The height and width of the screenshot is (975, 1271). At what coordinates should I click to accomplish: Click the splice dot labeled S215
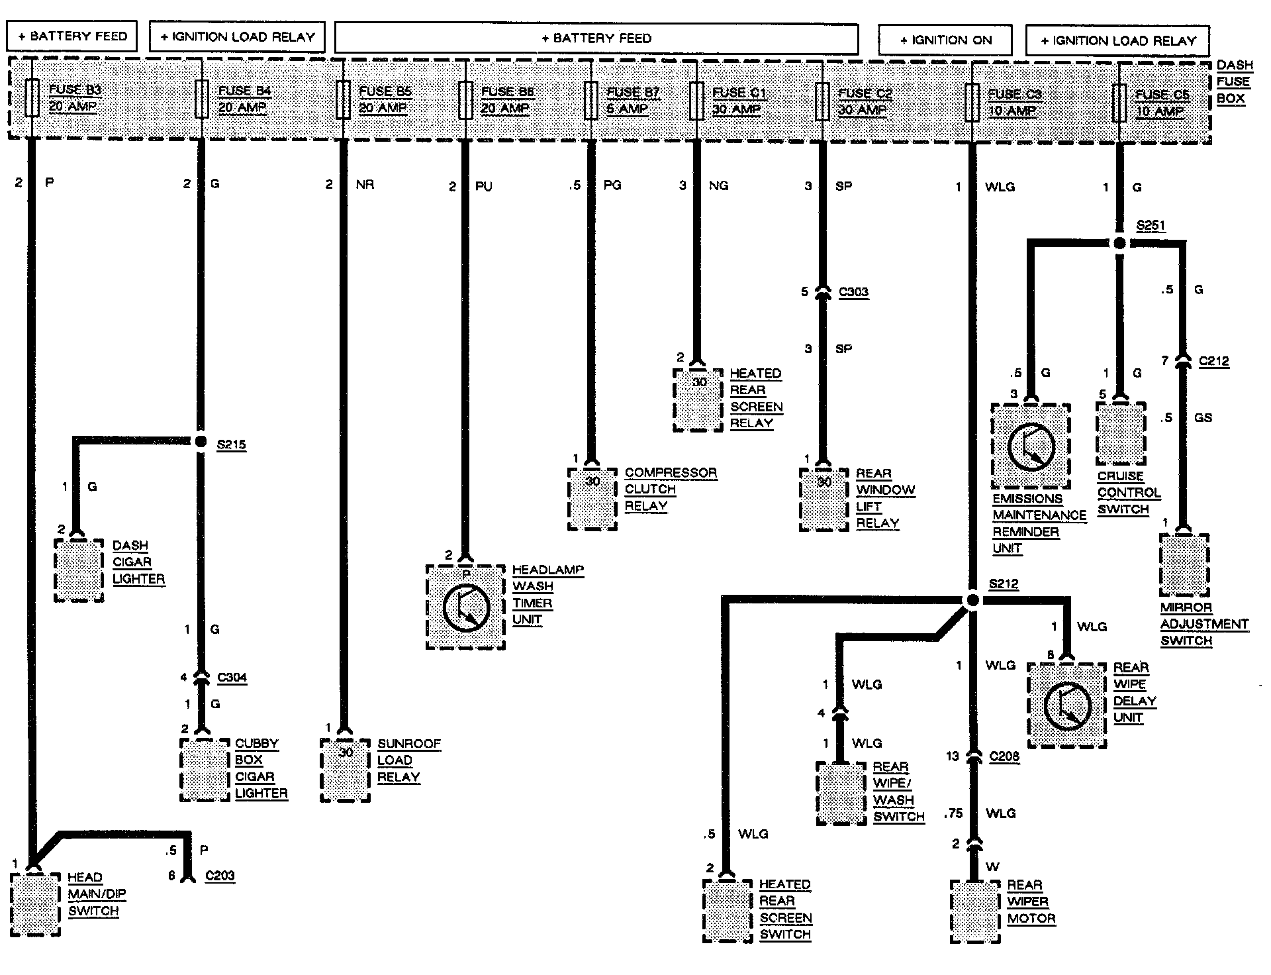pyautogui.click(x=201, y=441)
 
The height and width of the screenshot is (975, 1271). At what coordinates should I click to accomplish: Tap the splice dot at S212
pyautogui.click(x=972, y=600)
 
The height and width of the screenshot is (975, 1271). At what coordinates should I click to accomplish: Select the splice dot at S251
pyautogui.click(x=1119, y=243)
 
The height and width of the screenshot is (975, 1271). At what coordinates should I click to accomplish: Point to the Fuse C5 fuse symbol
pyautogui.click(x=1119, y=103)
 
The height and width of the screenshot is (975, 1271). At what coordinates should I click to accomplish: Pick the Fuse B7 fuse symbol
pyautogui.click(x=591, y=100)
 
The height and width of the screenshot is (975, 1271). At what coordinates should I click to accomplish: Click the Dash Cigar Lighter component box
pyautogui.click(x=79, y=570)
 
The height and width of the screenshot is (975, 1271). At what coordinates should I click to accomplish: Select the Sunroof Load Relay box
pyautogui.click(x=345, y=770)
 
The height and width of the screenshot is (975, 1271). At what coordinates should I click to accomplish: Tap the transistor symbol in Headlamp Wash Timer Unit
pyautogui.click(x=466, y=607)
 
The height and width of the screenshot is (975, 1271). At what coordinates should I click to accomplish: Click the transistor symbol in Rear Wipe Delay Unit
pyautogui.click(x=1066, y=705)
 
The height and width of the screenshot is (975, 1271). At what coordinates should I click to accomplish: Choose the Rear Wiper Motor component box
pyautogui.click(x=974, y=911)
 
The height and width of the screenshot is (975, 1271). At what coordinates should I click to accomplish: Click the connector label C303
pyautogui.click(x=853, y=292)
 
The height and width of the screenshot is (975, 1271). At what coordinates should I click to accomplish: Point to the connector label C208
pyautogui.click(x=1004, y=756)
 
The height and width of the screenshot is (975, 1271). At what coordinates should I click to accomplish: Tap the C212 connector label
pyautogui.click(x=1213, y=362)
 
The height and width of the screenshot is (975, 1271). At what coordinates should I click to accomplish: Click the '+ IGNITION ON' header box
pyautogui.click(x=945, y=40)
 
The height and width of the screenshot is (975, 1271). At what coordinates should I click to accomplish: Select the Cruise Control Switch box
pyautogui.click(x=1121, y=433)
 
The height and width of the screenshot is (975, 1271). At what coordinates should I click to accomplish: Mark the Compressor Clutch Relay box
pyautogui.click(x=592, y=499)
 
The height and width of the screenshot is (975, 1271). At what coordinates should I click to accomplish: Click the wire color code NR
pyautogui.click(x=365, y=184)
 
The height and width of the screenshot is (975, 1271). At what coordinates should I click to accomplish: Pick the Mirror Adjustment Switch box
pyautogui.click(x=1184, y=565)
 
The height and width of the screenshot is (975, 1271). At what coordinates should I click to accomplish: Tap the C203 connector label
pyautogui.click(x=220, y=876)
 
